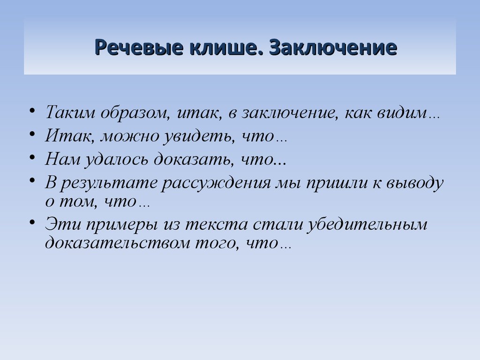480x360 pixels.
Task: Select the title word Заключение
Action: coord(333,47)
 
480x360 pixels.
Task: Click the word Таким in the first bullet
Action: coord(70,112)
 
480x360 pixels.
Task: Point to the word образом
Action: coord(135,112)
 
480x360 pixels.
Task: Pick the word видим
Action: coord(402,112)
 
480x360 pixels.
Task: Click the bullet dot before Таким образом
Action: coord(32,110)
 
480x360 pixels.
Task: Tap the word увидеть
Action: coord(198,135)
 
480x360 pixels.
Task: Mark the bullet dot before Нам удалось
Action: coord(32,157)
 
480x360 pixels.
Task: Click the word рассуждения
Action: coord(216,183)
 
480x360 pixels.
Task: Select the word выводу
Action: coord(415,183)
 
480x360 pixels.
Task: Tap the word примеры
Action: coord(122,225)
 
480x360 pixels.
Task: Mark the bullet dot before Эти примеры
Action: coord(32,222)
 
